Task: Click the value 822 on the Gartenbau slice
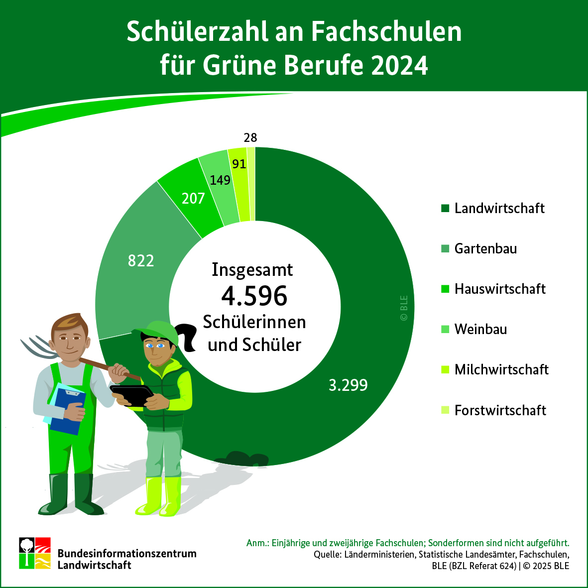(141, 260)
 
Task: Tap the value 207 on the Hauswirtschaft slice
(193, 199)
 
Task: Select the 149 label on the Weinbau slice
(220, 180)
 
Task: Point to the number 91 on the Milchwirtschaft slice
(239, 164)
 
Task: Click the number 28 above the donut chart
(250, 137)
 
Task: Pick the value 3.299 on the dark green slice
(348, 385)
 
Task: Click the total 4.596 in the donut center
(254, 296)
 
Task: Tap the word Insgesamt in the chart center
(252, 269)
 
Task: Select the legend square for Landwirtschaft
(445, 208)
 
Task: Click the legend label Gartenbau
(485, 248)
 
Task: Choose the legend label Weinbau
(480, 329)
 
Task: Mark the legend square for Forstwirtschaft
(445, 410)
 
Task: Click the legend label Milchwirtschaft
(501, 369)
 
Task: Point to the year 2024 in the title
(399, 66)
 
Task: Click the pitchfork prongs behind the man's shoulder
(37, 347)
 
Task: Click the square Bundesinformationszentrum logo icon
(35, 553)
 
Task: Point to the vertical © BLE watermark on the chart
(404, 308)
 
